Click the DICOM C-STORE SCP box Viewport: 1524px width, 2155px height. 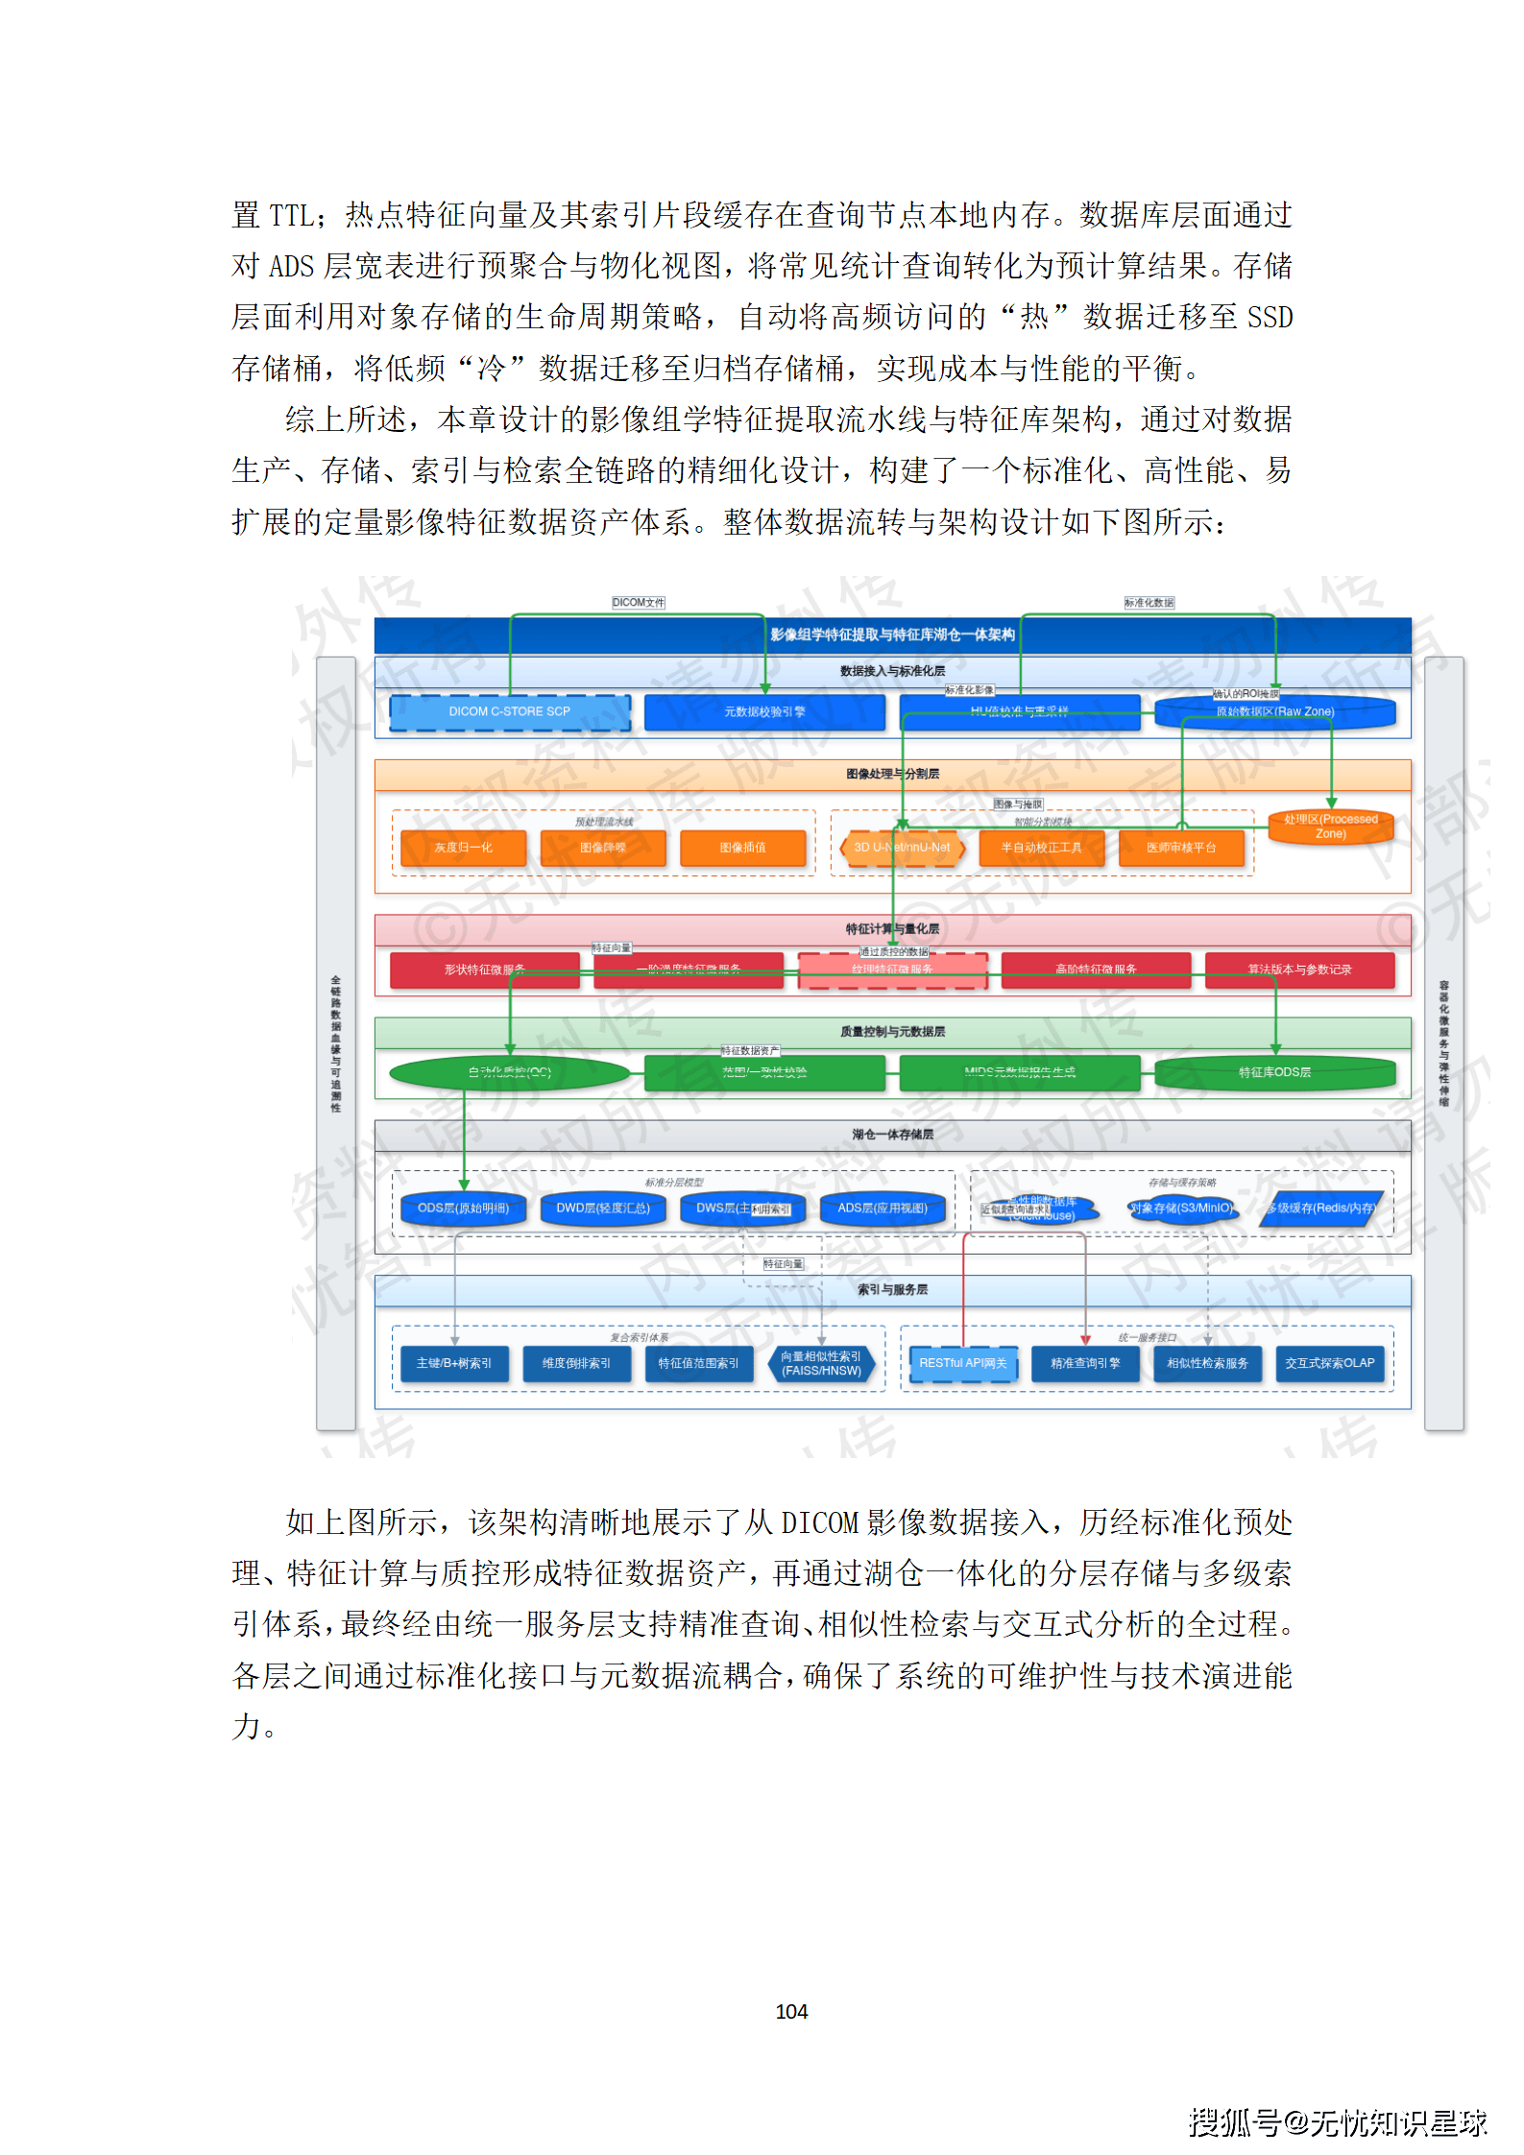pos(509,712)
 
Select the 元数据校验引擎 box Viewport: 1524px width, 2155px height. pos(764,712)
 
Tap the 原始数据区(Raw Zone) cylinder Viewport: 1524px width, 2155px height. pos(1274,712)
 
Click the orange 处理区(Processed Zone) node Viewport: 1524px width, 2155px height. pos(1330,826)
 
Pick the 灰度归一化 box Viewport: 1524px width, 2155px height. pos(463,848)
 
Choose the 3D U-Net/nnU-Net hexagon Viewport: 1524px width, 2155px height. pos(902,848)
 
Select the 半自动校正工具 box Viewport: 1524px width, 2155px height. pos(1041,848)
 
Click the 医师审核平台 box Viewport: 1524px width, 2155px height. pos(1181,848)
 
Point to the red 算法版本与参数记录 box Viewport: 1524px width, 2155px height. pos(1299,970)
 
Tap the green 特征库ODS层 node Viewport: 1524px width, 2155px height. pos(1274,1072)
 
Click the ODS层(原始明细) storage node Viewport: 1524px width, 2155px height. pos(463,1209)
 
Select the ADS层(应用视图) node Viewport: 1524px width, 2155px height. pos(883,1209)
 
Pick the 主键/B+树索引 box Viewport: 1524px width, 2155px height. pos(454,1363)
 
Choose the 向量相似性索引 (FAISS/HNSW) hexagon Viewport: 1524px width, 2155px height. pos(821,1363)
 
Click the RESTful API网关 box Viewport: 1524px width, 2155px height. pos(963,1363)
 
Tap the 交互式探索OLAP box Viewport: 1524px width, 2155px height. pos(1330,1363)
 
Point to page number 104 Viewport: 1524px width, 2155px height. pos(791,2011)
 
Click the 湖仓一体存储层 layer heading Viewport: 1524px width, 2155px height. pos(892,1135)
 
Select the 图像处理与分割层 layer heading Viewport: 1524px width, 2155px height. pos(892,774)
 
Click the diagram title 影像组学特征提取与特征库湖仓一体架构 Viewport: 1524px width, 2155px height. pos(892,635)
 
